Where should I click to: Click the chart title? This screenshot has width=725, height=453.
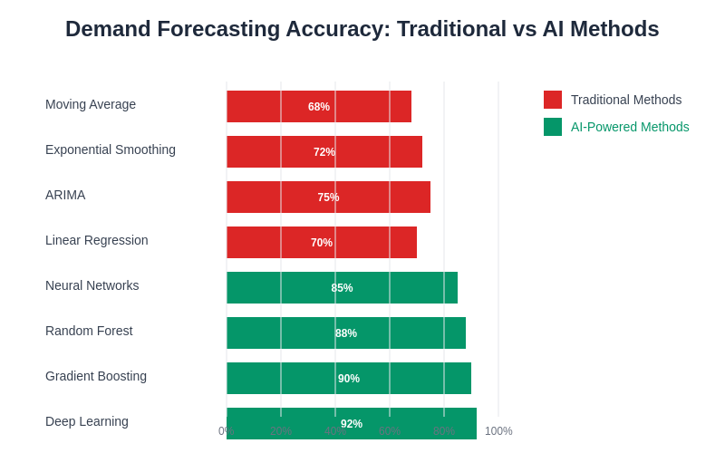click(x=362, y=29)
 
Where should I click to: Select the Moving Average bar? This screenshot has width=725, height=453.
click(x=272, y=107)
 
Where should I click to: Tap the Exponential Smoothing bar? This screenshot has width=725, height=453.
click(x=272, y=152)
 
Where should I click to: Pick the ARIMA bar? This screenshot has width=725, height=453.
click(x=272, y=198)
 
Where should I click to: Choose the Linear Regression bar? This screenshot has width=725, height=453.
click(x=272, y=243)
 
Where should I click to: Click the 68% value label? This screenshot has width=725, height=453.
click(x=319, y=107)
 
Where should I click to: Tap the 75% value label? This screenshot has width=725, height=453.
click(x=328, y=198)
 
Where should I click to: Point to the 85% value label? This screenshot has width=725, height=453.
click(x=342, y=288)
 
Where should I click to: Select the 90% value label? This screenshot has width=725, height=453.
click(x=349, y=379)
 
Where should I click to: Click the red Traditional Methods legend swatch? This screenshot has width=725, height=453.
click(x=553, y=100)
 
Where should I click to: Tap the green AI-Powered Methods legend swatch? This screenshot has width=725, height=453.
click(x=553, y=127)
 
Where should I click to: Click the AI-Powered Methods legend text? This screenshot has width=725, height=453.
click(x=630, y=127)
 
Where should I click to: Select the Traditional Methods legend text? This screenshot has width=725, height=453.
click(x=626, y=100)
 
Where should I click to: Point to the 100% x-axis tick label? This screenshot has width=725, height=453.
click(x=498, y=431)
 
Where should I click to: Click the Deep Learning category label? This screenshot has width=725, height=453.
click(x=87, y=421)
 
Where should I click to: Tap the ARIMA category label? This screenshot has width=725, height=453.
click(x=65, y=195)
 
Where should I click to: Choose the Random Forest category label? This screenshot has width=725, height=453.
click(x=89, y=331)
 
